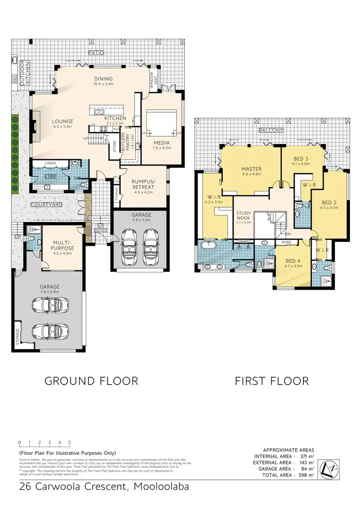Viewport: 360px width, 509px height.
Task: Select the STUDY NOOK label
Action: click(x=243, y=217)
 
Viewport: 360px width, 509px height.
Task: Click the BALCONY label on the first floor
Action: click(x=271, y=130)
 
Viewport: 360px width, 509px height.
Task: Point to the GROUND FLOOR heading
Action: click(x=91, y=381)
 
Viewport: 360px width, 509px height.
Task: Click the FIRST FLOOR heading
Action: click(x=271, y=381)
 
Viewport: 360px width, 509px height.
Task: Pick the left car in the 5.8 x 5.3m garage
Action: click(x=129, y=241)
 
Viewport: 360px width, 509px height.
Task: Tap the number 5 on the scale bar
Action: click(x=70, y=443)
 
